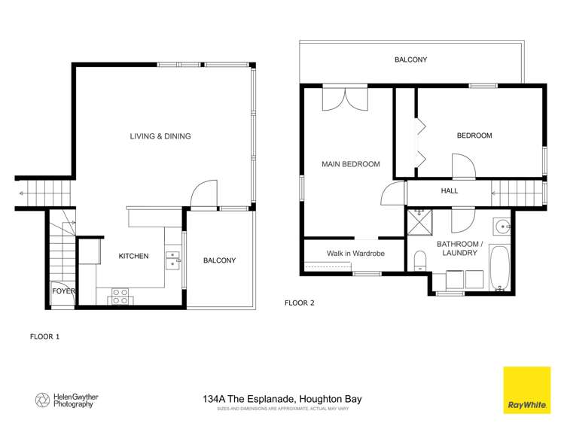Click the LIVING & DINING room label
click(x=160, y=136)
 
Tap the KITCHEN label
click(x=133, y=256)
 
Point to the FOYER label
click(x=62, y=291)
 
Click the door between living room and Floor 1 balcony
click(x=203, y=197)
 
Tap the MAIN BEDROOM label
click(x=350, y=164)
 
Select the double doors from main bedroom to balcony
click(x=345, y=99)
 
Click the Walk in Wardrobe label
click(x=355, y=254)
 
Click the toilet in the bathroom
click(x=419, y=260)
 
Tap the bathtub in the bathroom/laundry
click(x=500, y=267)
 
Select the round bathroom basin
click(x=502, y=225)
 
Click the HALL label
click(x=449, y=190)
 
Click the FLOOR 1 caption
click(x=44, y=336)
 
